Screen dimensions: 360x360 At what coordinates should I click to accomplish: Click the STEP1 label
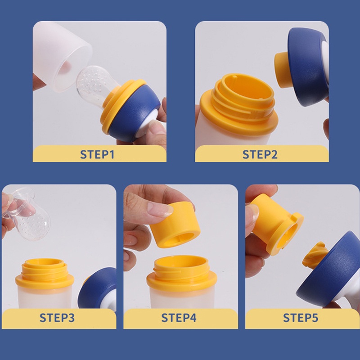(97, 154)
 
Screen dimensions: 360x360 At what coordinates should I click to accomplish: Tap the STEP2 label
(260, 154)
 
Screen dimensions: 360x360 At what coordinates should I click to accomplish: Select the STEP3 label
(57, 318)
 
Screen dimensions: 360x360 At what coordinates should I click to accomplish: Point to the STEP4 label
(179, 318)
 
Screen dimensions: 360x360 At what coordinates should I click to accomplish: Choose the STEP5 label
(301, 318)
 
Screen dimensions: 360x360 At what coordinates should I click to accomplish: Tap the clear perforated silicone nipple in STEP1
(94, 85)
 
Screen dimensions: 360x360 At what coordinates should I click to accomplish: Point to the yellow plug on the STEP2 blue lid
(282, 70)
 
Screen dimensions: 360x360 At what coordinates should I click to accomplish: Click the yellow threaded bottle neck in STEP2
(241, 103)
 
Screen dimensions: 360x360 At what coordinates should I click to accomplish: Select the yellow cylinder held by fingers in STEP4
(175, 226)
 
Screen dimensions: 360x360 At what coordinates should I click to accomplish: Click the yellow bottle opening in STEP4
(181, 272)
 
